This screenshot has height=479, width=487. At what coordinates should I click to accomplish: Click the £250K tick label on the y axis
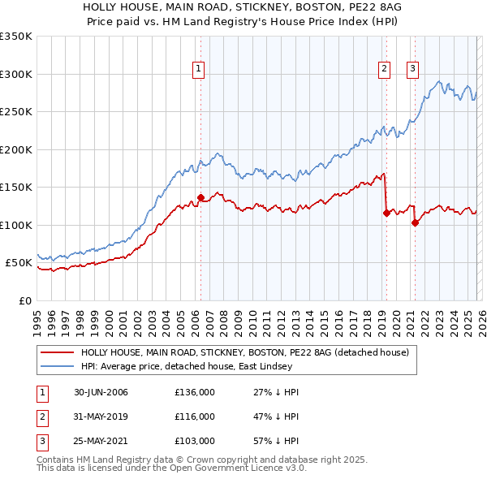coord(16,112)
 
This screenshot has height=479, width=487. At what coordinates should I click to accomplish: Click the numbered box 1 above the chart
coord(199,70)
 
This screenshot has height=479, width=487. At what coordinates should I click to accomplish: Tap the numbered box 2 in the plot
coord(384,70)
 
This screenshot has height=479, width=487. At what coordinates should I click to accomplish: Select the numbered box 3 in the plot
coord(412,70)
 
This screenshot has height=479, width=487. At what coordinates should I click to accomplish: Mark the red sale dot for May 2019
coord(386,213)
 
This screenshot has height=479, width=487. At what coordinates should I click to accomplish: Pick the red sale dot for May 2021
coord(414,222)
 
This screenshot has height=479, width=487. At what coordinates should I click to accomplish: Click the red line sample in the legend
coord(57,352)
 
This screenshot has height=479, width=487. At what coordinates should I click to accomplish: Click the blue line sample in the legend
coord(57,366)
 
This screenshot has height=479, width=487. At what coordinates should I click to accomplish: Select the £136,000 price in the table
coord(195,392)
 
